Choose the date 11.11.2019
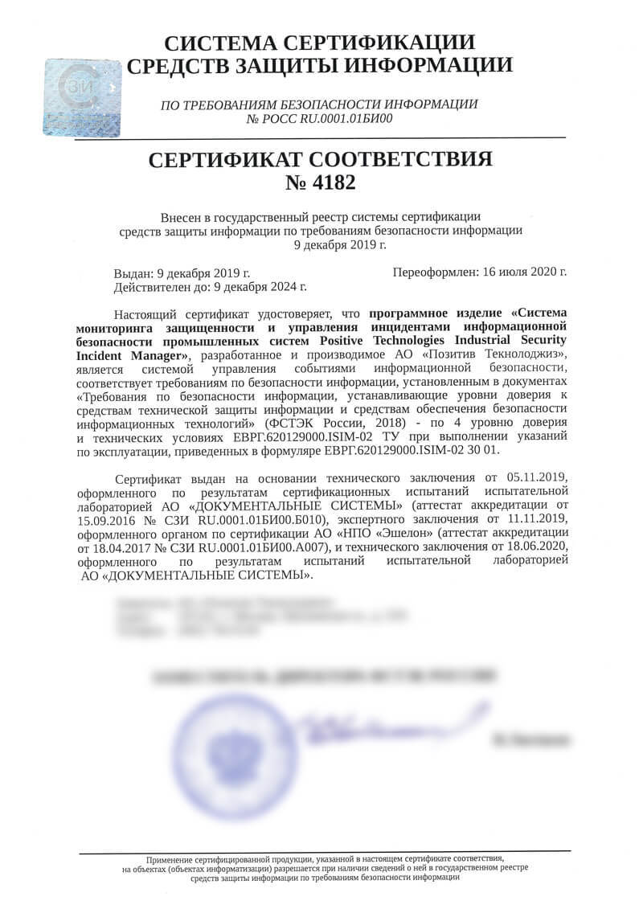[539, 519]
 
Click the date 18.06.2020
[534, 547]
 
